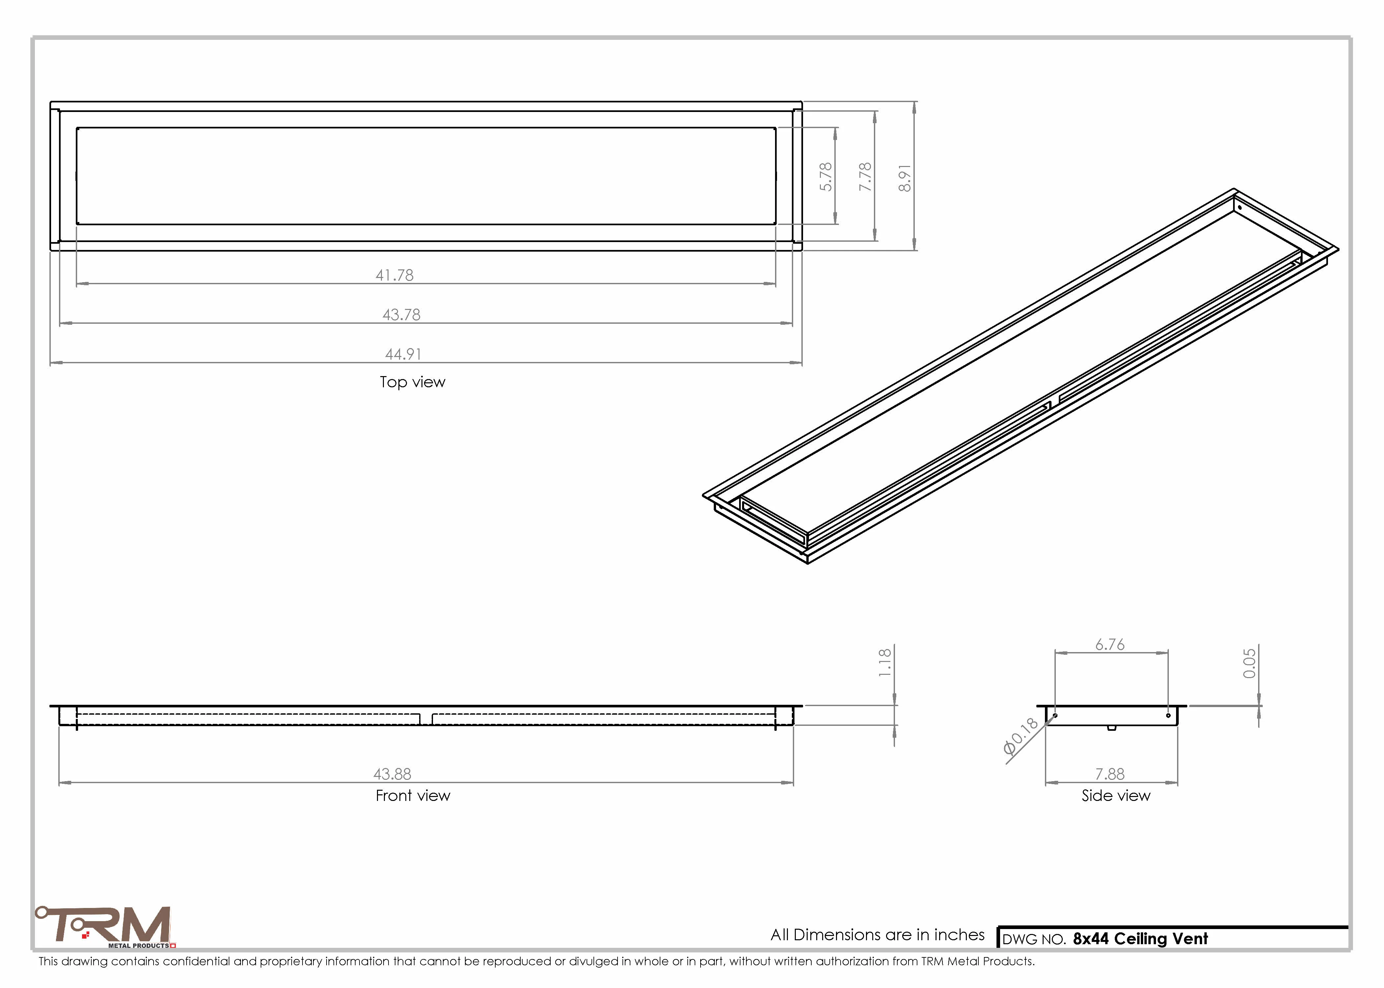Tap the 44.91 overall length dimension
(x=403, y=354)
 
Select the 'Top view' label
(x=413, y=382)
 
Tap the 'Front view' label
(x=413, y=796)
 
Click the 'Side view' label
(x=1115, y=796)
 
